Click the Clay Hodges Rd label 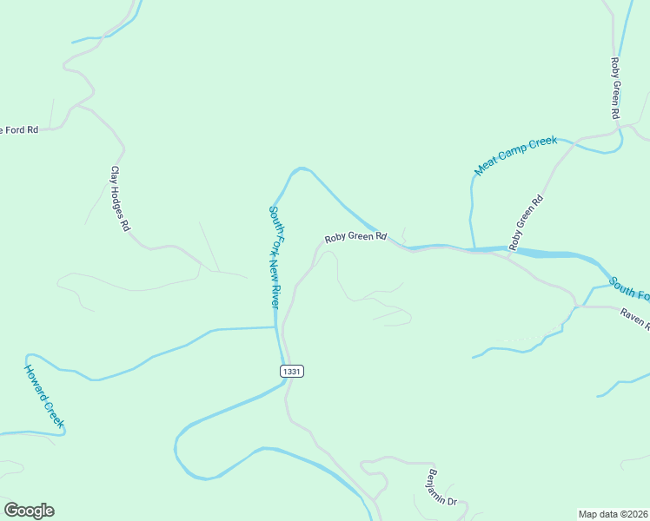pyautogui.click(x=120, y=199)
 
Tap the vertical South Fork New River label pyautogui.click(x=274, y=258)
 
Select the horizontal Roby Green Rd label pyautogui.click(x=355, y=237)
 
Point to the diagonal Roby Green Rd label pyautogui.click(x=526, y=223)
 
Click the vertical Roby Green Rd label pyautogui.click(x=614, y=89)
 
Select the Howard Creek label pyautogui.click(x=43, y=396)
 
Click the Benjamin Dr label pyautogui.click(x=442, y=488)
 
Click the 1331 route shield pyautogui.click(x=292, y=371)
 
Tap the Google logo pyautogui.click(x=29, y=511)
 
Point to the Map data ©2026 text pyautogui.click(x=613, y=514)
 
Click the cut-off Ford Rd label pyautogui.click(x=19, y=130)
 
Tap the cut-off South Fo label pyautogui.click(x=629, y=289)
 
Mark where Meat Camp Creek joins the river pyautogui.click(x=474, y=249)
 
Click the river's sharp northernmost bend pyautogui.click(x=301, y=168)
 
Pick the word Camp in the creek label pyautogui.click(x=517, y=155)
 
